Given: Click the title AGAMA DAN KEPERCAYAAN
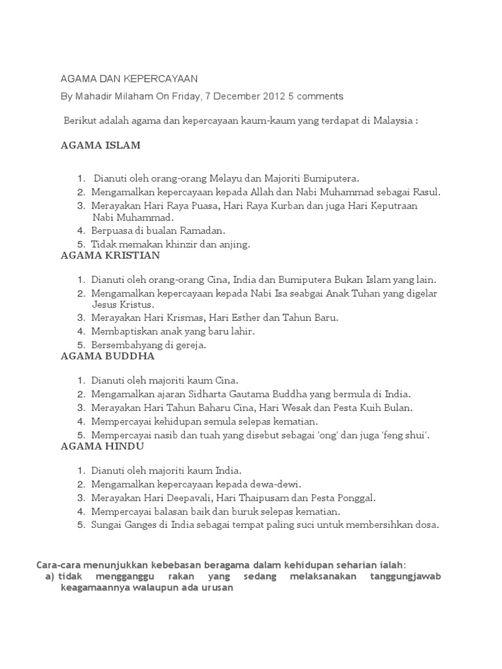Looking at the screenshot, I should (129, 78).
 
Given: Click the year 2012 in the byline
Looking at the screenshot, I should (273, 96).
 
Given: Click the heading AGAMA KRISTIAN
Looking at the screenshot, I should (110, 255).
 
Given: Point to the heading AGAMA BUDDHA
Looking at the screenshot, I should (107, 356).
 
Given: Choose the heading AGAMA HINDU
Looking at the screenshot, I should (103, 446).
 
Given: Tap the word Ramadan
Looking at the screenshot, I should (203, 231).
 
